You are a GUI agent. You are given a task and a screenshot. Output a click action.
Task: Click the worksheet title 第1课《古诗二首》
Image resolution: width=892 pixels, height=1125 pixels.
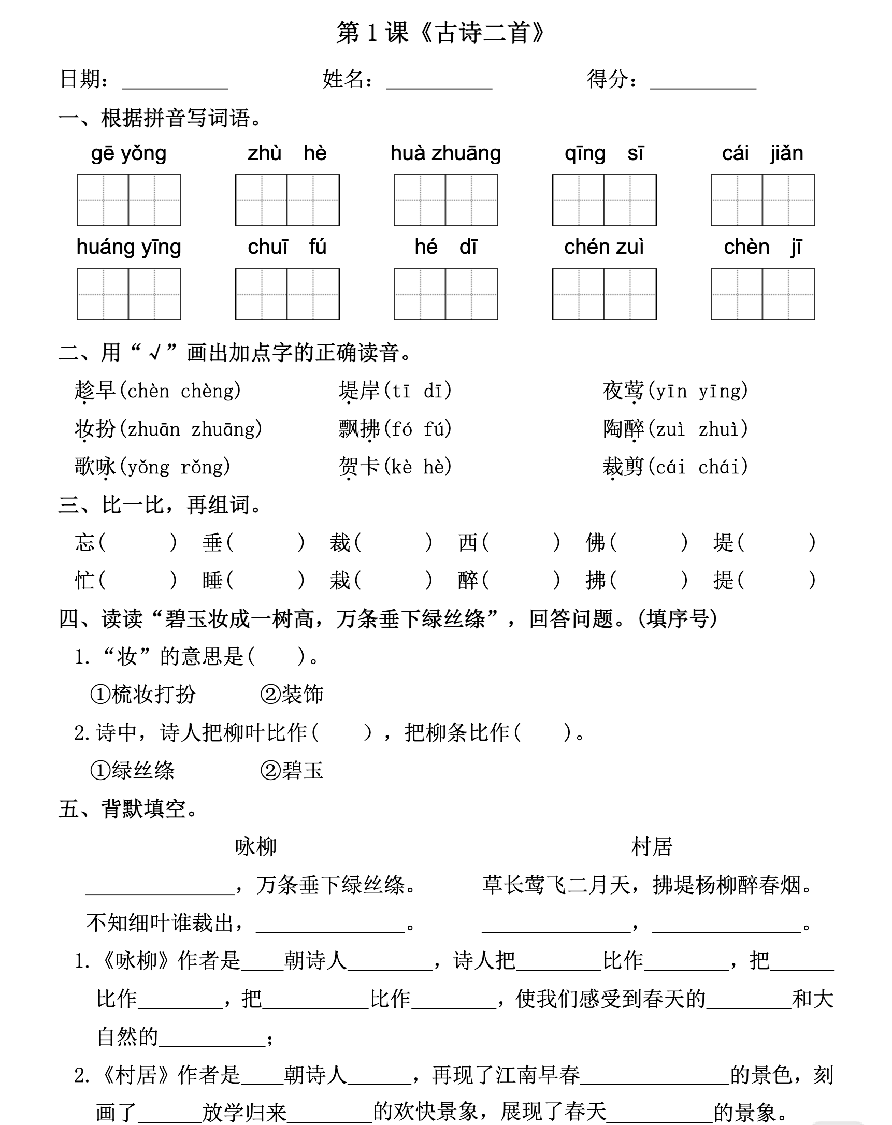[440, 33]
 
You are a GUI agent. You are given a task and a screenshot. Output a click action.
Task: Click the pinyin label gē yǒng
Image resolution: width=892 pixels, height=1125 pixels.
[128, 153]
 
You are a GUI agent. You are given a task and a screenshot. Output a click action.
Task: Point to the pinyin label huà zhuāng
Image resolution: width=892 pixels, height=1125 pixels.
[445, 153]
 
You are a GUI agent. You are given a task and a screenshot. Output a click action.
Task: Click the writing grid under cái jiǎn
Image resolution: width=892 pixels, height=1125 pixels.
[762, 200]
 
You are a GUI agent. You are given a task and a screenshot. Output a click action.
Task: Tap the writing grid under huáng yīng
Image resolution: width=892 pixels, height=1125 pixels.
[128, 294]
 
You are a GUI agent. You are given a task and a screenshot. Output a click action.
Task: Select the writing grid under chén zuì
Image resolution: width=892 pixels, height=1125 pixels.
[604, 294]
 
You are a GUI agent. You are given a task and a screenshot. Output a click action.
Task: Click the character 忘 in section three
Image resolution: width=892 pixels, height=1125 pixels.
[84, 543]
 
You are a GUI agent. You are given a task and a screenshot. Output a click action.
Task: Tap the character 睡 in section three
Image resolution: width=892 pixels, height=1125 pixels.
[212, 580]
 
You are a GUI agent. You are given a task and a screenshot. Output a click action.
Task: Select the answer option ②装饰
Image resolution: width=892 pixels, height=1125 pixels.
[292, 695]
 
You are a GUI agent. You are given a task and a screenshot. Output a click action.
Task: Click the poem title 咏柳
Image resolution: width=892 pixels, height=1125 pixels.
[255, 846]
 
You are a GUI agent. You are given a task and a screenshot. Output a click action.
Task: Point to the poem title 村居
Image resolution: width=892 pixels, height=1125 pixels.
[651, 846]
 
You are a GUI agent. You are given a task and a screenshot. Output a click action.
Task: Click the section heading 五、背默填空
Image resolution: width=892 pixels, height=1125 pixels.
[128, 809]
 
